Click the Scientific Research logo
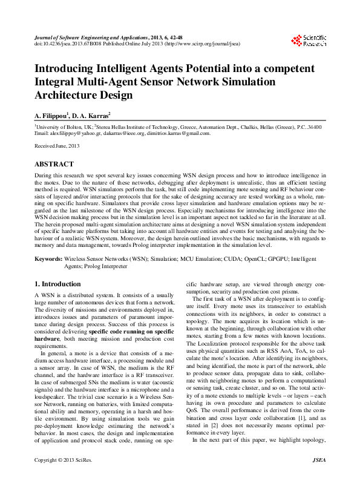pos(309,41)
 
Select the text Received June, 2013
pos(57,146)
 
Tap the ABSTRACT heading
pos(54,164)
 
